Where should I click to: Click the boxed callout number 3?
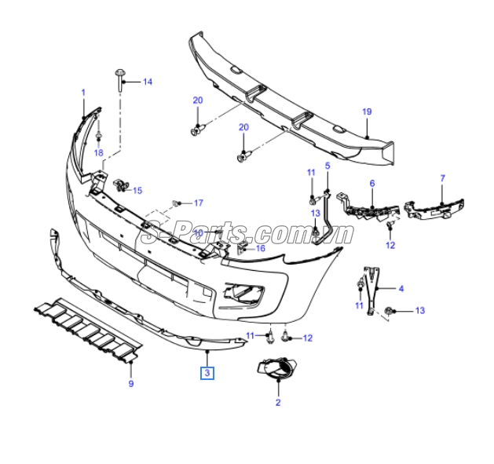click(x=207, y=373)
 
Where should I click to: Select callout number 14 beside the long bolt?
click(x=148, y=82)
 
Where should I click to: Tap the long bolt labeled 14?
click(x=120, y=81)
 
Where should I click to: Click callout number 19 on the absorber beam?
click(x=367, y=111)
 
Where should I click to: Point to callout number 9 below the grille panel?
click(x=131, y=384)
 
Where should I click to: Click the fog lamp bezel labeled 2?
click(x=277, y=367)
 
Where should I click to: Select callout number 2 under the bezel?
click(x=278, y=402)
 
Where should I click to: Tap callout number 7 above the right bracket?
click(x=443, y=178)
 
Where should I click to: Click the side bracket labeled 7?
click(x=434, y=208)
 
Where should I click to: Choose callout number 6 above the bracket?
click(x=372, y=184)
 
